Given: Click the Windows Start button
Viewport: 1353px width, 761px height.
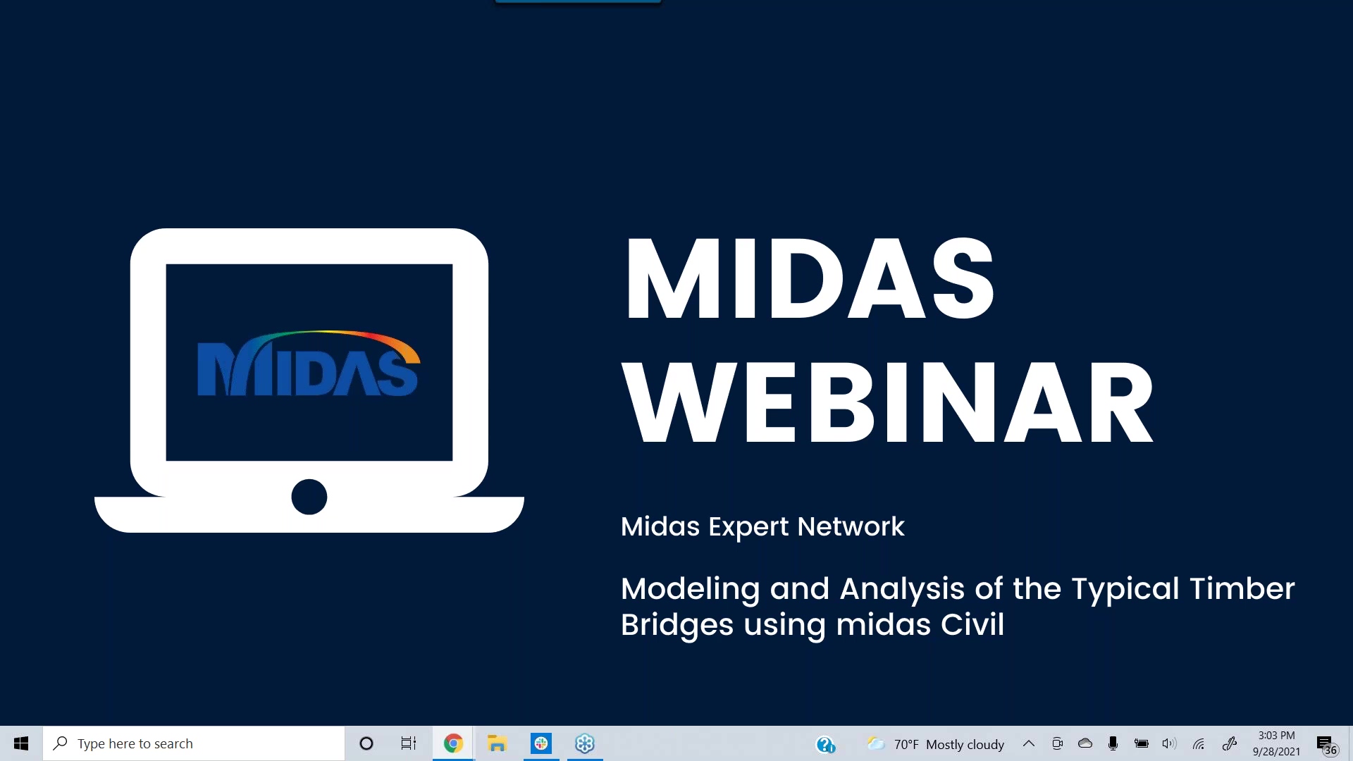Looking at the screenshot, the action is (x=21, y=743).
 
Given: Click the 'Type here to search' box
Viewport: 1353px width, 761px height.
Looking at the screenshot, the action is (x=194, y=743).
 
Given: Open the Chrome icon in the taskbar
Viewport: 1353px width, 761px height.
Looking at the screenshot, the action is (x=453, y=743).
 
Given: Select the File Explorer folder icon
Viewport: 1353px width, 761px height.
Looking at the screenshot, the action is (x=497, y=743).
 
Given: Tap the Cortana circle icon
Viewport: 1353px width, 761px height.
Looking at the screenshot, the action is (x=366, y=743).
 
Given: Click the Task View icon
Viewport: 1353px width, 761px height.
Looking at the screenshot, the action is (x=409, y=743).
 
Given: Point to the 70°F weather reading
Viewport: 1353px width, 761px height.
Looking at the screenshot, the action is (x=906, y=745).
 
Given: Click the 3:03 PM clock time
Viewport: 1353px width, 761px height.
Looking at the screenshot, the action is (x=1277, y=736).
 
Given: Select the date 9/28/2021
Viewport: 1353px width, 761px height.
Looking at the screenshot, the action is (x=1277, y=752).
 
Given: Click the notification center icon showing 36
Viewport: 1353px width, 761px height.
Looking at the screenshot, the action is (x=1326, y=745).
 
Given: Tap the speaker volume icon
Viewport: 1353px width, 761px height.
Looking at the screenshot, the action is (x=1169, y=743).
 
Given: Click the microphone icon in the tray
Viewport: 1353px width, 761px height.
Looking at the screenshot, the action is (x=1113, y=743).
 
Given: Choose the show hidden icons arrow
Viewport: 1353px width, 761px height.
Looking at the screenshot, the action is (x=1029, y=743).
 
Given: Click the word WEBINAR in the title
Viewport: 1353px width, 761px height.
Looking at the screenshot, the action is (x=888, y=402).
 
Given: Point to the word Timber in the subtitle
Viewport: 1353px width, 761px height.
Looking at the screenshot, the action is (x=1242, y=588).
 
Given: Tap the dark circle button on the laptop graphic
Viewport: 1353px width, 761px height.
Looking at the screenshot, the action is (x=309, y=497).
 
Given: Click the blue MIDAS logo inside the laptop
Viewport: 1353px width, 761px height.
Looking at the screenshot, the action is (x=309, y=364).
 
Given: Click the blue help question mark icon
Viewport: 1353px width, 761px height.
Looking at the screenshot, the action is (x=825, y=744).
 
